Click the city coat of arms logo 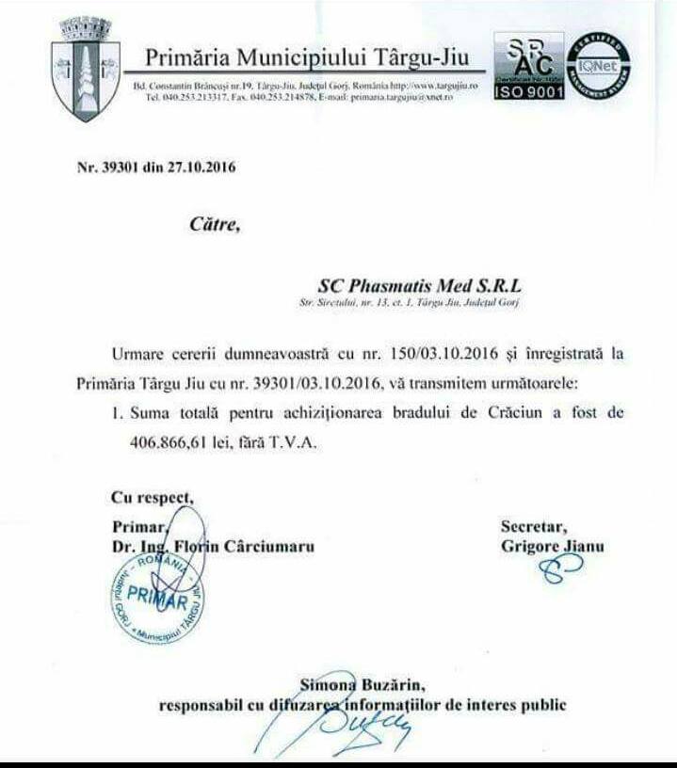[x=86, y=69]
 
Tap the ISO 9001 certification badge [x=528, y=69]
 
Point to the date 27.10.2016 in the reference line [x=201, y=168]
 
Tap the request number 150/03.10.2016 [x=460, y=352]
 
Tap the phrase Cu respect [x=153, y=497]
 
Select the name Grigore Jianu [x=551, y=546]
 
